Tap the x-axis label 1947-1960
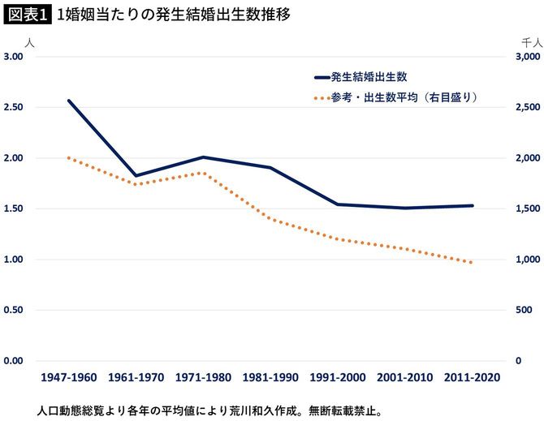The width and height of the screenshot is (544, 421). coord(69,378)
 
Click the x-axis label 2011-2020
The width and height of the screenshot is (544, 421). coord(473,378)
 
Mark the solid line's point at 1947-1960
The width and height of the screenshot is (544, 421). coord(69,101)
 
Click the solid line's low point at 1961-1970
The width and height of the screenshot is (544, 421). coord(136,176)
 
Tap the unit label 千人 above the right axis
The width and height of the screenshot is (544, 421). coord(531,41)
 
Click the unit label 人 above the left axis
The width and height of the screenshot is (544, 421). coord(30,41)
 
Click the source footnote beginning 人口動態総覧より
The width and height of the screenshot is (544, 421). coord(203,410)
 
